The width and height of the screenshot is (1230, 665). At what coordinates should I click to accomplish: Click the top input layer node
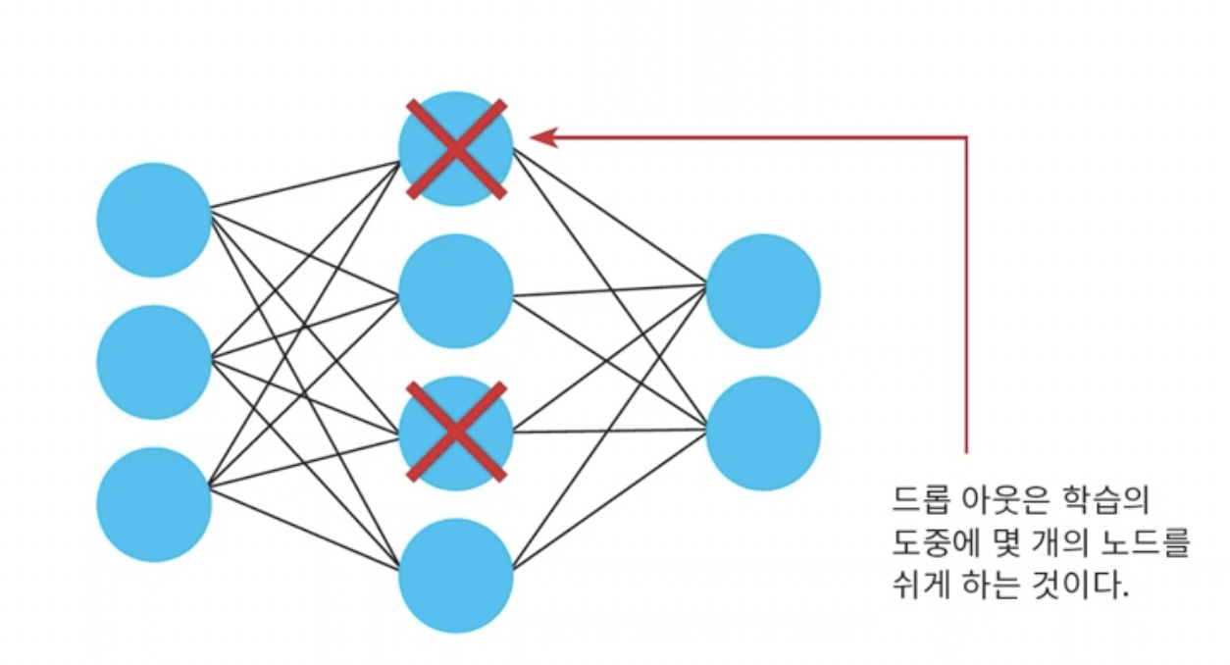tap(154, 220)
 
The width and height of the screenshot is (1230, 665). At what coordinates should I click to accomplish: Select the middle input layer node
tap(154, 362)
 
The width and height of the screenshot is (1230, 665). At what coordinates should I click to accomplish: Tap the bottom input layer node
tap(154, 504)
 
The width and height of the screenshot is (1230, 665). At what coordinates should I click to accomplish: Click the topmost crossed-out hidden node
tap(456, 148)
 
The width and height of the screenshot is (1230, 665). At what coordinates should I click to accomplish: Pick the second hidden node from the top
tap(456, 291)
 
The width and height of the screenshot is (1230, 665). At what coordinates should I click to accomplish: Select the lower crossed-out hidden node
tap(456, 433)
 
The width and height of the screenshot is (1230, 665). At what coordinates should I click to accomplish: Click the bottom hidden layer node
tap(456, 576)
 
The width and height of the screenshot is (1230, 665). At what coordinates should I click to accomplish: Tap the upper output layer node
tap(763, 291)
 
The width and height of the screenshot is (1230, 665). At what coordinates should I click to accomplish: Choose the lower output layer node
tap(763, 433)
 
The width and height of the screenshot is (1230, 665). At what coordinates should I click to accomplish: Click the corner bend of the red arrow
tap(967, 137)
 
